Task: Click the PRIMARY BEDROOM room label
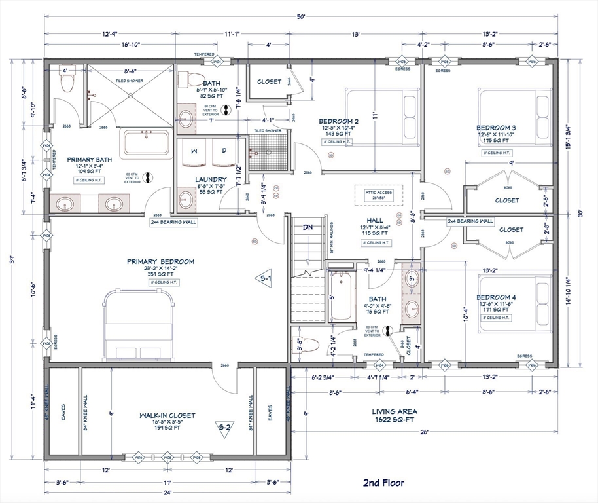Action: [160, 261]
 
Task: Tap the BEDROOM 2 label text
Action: [338, 121]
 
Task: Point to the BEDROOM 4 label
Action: [496, 297]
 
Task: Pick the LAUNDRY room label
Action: [211, 179]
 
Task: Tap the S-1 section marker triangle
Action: [263, 278]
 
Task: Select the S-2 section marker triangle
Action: [224, 428]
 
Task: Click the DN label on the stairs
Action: [308, 227]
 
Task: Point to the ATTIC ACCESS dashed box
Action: [379, 195]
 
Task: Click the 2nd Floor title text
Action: [383, 483]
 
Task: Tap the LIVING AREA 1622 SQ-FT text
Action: [395, 415]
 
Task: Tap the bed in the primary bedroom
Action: [139, 326]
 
